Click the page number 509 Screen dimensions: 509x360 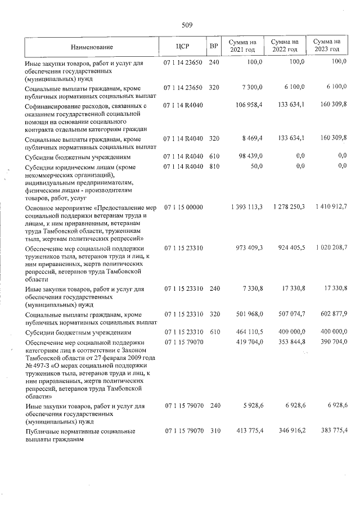(x=187, y=25)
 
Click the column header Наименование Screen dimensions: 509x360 (x=92, y=47)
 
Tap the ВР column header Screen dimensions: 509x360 (x=213, y=46)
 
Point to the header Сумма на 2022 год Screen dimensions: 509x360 (x=285, y=46)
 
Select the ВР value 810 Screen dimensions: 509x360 (x=213, y=167)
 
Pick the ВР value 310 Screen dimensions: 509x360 (x=213, y=431)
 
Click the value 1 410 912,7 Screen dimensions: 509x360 (x=328, y=208)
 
